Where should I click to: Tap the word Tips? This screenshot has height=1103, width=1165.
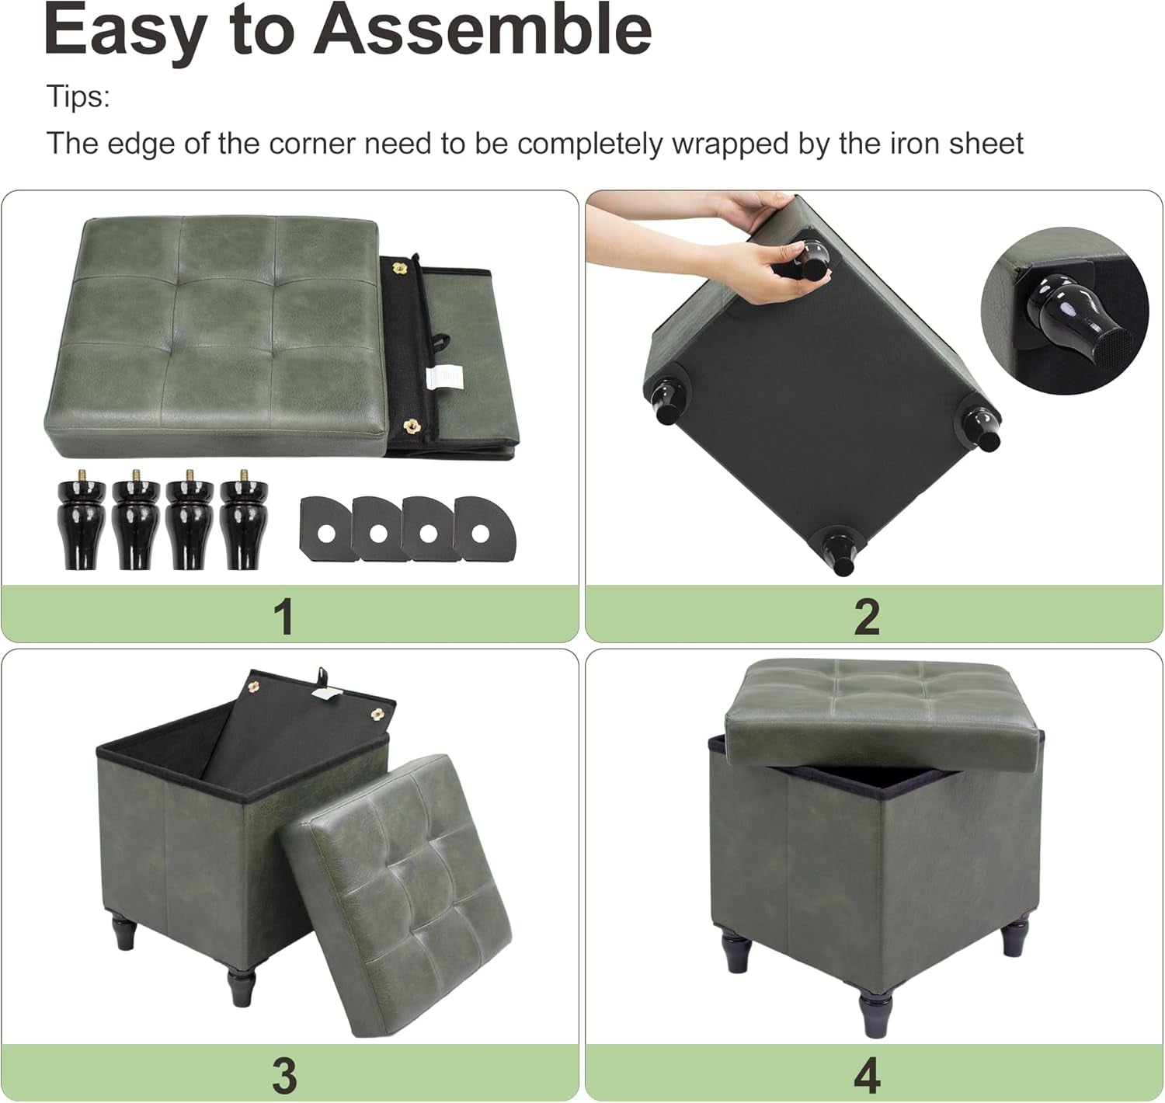pos(78,97)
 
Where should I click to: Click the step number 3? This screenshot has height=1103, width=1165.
pos(285,1075)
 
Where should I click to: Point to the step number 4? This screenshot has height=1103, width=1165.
pos(867,1075)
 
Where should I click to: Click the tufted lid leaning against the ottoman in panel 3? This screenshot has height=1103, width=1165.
pos(396,893)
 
